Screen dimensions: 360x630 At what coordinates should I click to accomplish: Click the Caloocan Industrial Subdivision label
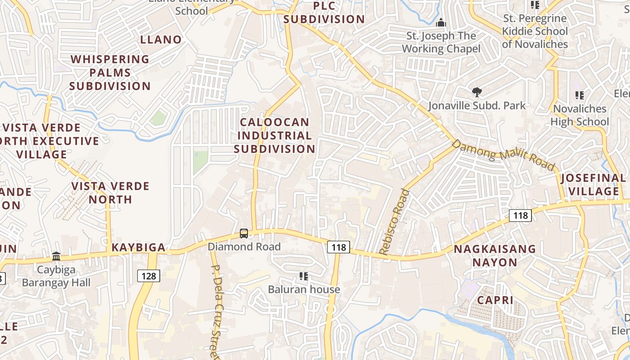(x=274, y=135)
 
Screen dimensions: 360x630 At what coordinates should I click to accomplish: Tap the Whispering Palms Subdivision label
(x=110, y=72)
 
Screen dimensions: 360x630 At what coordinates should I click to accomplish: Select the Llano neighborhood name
(x=161, y=40)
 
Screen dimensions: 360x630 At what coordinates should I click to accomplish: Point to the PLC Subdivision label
(x=324, y=13)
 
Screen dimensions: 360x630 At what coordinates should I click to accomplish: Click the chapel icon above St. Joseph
(x=441, y=22)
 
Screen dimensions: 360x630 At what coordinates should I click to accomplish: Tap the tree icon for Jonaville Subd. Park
(x=477, y=92)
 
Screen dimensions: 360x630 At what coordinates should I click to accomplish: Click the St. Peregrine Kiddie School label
(x=535, y=31)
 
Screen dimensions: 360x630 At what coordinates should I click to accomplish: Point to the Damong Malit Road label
(x=503, y=155)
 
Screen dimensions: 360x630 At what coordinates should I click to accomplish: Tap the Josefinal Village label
(x=593, y=184)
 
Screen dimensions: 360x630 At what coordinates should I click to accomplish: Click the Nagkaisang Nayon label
(x=495, y=255)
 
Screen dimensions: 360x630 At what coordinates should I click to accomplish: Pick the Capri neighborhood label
(x=495, y=300)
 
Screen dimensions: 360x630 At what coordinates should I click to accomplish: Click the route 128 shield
(x=148, y=275)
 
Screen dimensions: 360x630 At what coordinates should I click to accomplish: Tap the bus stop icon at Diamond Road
(x=243, y=234)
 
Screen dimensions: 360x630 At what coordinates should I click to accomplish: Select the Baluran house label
(x=304, y=289)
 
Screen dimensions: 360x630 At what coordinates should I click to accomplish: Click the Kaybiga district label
(x=139, y=247)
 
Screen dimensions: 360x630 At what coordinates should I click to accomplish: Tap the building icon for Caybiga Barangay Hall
(x=56, y=256)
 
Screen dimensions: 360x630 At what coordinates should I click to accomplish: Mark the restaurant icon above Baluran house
(x=304, y=276)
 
